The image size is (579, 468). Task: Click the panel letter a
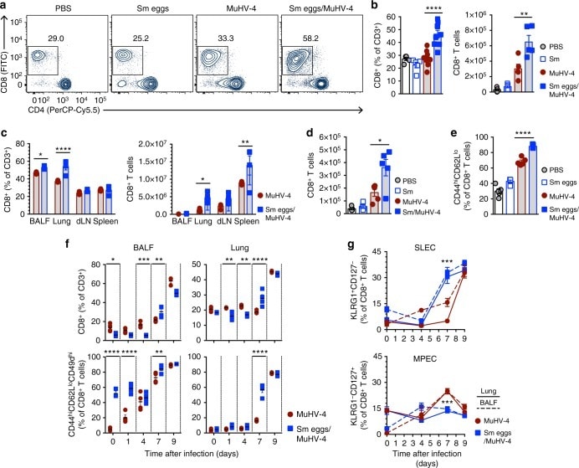[x=5, y=7]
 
